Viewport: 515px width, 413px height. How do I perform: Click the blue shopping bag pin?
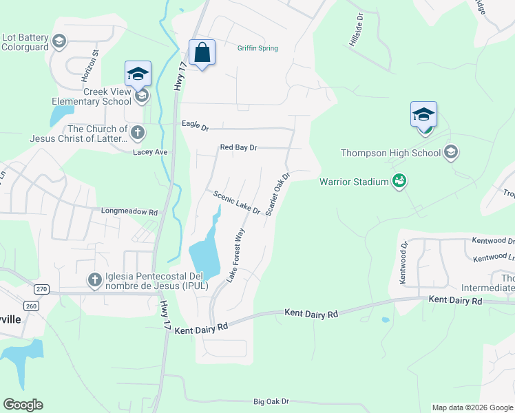pos(202,53)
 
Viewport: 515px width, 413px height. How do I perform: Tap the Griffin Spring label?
pos(257,48)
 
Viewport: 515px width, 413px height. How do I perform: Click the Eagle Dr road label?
pos(195,125)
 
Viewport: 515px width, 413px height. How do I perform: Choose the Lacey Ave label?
pos(151,152)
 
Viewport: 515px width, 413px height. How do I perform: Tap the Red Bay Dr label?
pos(238,147)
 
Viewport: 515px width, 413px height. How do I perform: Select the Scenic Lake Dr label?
pos(236,202)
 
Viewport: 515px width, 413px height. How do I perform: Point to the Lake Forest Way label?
pos(236,255)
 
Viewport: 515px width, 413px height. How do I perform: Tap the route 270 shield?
pos(42,289)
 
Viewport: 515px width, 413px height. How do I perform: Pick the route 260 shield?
pos(30,305)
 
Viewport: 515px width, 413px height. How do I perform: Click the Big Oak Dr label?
pos(271,401)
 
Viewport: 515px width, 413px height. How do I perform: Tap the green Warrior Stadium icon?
pos(399,182)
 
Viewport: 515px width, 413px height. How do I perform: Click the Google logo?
pos(23,405)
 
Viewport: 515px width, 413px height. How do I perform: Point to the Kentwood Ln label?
pos(494,257)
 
